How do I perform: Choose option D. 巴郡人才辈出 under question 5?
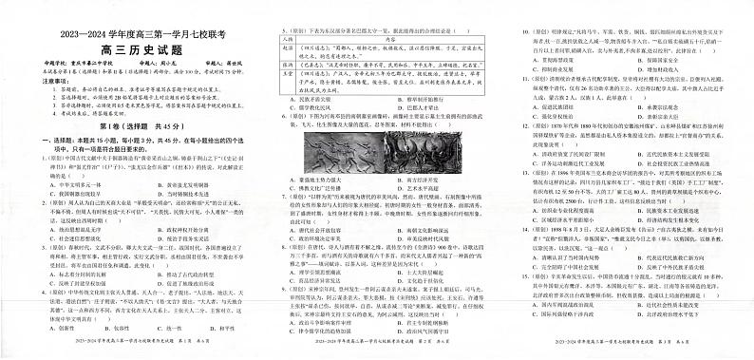399,107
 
